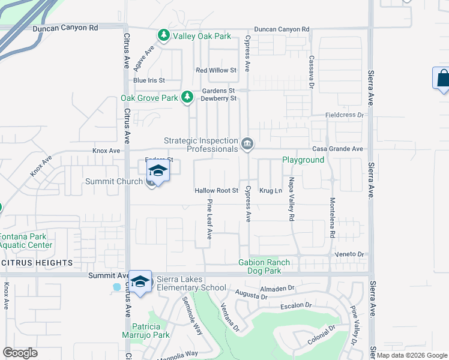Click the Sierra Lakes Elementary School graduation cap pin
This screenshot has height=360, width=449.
[140, 281]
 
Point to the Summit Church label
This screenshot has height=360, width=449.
[114, 181]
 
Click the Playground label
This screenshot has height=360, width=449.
[304, 160]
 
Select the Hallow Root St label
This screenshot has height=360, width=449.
[217, 191]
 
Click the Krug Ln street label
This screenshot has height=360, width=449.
[270, 191]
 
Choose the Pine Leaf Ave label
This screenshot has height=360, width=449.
[209, 220]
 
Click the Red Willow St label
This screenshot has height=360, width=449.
[217, 70]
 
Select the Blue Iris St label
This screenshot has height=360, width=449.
[149, 80]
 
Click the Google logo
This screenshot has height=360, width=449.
[20, 353]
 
